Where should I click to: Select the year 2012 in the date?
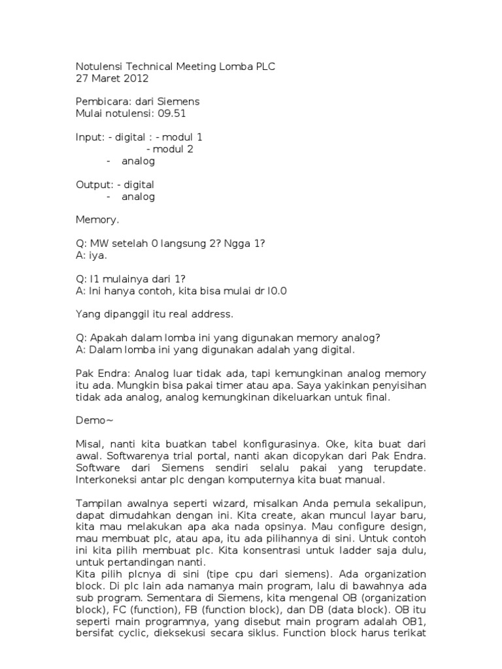(x=137, y=78)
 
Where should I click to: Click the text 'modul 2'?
(x=173, y=149)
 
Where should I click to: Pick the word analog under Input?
(x=138, y=161)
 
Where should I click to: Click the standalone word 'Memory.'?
(x=97, y=220)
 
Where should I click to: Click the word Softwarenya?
(x=139, y=456)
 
